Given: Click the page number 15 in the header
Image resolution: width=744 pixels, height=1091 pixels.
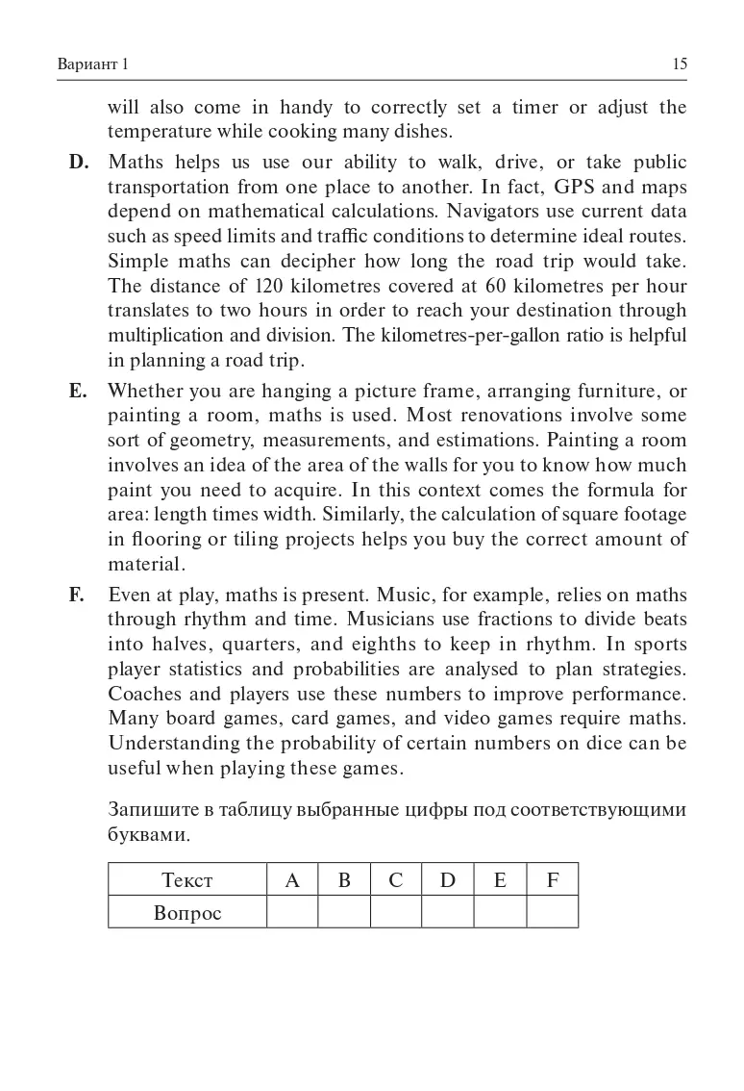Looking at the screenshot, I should coord(680,64).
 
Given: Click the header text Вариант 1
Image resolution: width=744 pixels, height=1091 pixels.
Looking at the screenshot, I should coord(93,64).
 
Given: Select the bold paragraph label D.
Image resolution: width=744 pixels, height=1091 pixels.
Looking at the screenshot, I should coord(79,162).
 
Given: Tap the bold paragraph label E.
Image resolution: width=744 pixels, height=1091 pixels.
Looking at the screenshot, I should coord(78,391).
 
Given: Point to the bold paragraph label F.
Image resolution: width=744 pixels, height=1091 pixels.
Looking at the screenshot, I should coord(77,595).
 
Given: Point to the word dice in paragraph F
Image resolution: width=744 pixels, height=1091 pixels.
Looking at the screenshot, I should coord(587,744).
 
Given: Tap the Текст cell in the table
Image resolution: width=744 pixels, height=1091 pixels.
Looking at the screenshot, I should coord(187,879).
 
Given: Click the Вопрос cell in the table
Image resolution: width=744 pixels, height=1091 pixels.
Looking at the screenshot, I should coord(187,912).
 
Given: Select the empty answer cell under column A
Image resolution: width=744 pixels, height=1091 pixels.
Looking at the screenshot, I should coord(292,912).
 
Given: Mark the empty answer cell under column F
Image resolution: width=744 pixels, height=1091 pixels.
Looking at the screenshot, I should coord(552,912).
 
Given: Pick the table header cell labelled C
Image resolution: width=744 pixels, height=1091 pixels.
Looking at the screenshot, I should coord(396,879).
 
